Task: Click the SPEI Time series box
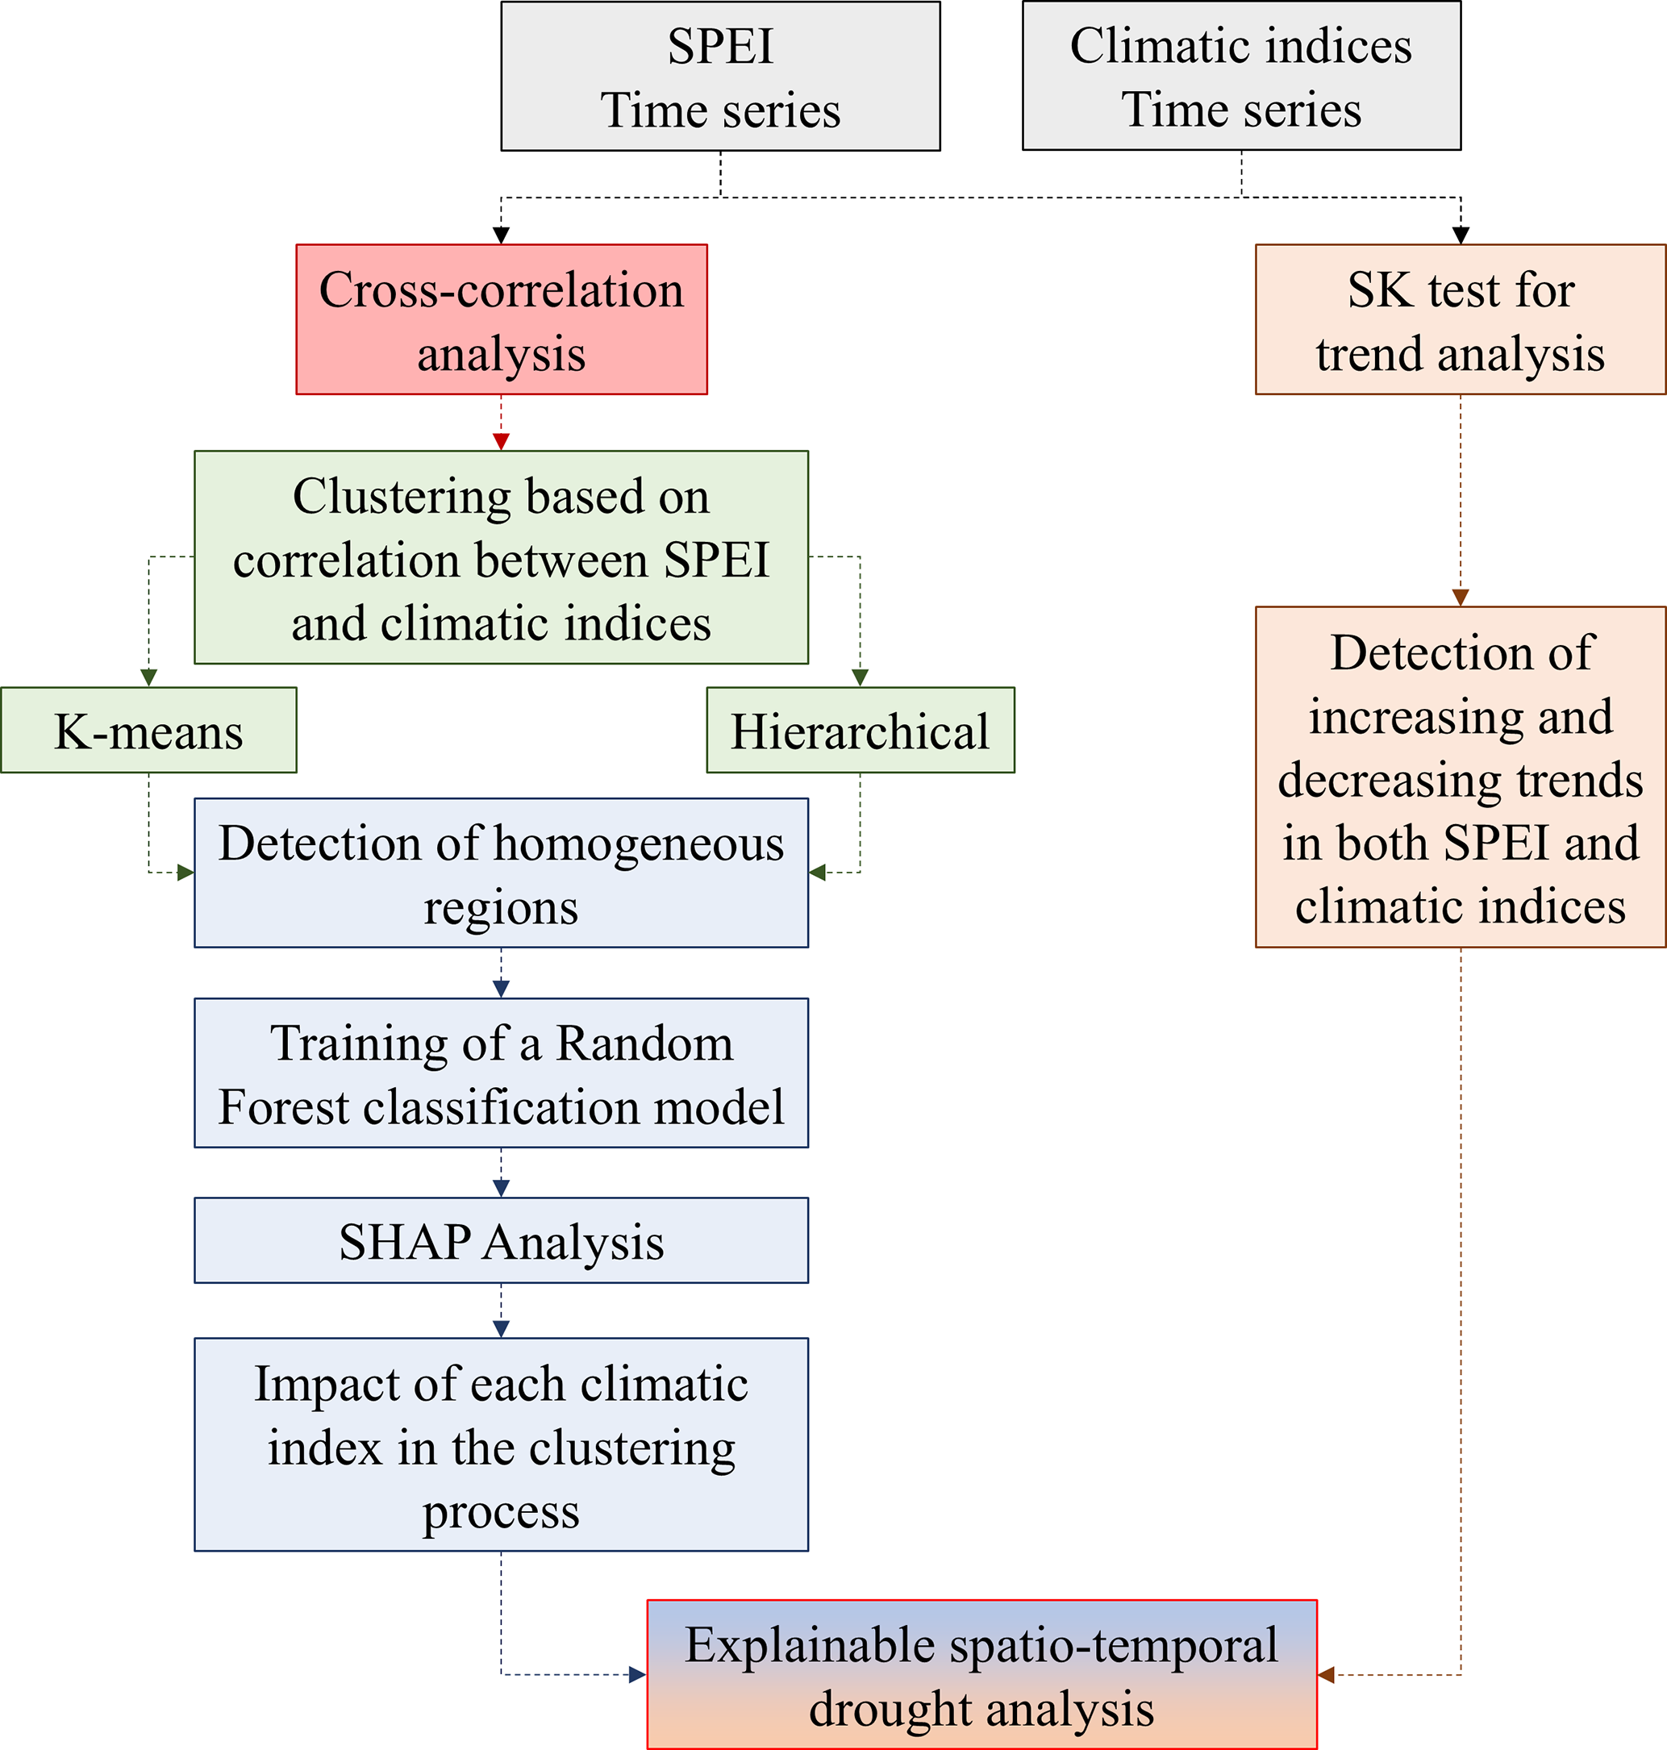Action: [719, 77]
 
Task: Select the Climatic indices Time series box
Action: [1240, 77]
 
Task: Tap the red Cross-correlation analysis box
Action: [501, 320]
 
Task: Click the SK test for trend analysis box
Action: [1460, 320]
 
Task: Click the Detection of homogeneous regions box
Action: [501, 873]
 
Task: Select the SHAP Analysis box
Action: [501, 1241]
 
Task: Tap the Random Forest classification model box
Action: [501, 1073]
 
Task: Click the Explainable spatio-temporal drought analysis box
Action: [981, 1675]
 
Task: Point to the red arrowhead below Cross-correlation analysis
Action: [501, 441]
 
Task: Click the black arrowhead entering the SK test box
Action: [1460, 235]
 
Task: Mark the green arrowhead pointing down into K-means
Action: [148, 677]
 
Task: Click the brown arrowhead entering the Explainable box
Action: [1326, 1675]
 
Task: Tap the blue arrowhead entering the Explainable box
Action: [637, 1675]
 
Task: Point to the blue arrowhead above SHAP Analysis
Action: [501, 1188]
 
